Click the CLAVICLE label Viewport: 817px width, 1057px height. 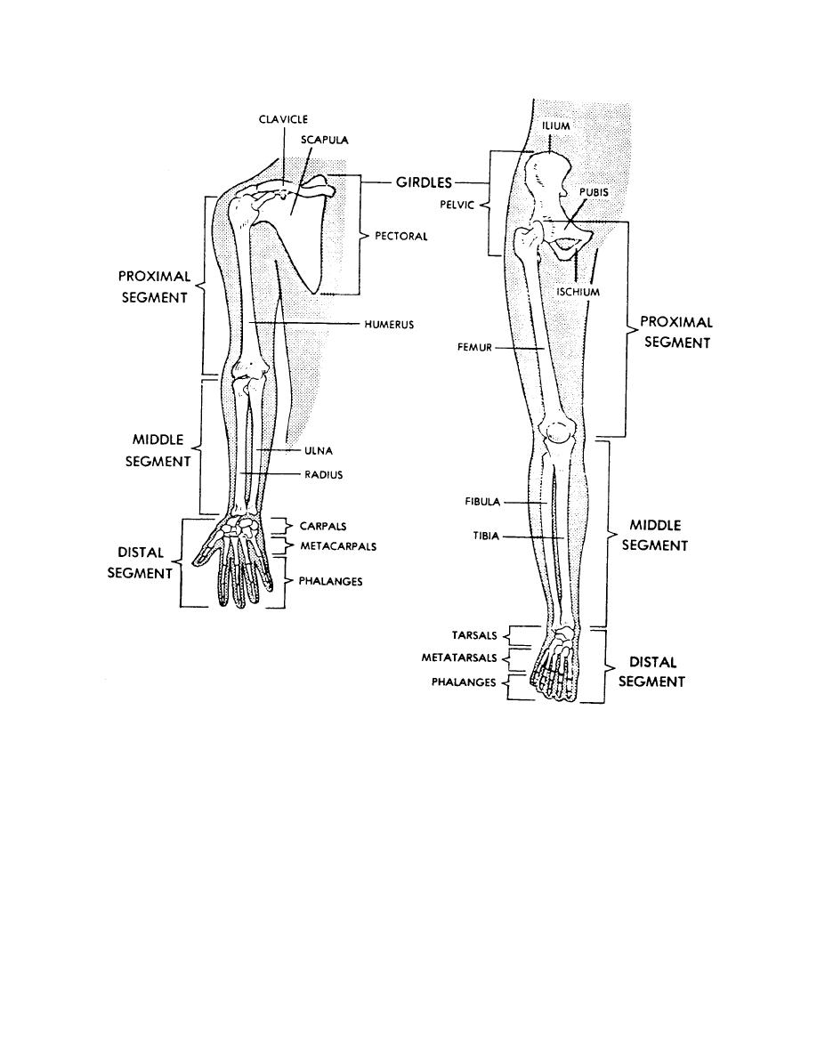click(x=283, y=119)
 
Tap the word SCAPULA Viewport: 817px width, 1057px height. click(x=324, y=141)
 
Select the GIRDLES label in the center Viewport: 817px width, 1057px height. click(x=424, y=182)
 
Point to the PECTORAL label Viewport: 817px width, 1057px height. click(x=401, y=237)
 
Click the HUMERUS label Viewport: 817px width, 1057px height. click(x=389, y=324)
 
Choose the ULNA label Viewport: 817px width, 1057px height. click(x=319, y=451)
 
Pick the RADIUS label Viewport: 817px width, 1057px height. click(x=324, y=474)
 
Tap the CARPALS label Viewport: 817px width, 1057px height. click(x=323, y=527)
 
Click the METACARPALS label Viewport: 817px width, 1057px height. click(x=338, y=546)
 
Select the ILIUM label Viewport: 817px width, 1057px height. click(x=556, y=126)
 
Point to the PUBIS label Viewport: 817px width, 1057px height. click(x=594, y=192)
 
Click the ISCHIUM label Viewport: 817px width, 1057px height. click(x=578, y=292)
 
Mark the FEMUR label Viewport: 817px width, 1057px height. click(x=474, y=348)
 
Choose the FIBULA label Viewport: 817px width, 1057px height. click(x=482, y=502)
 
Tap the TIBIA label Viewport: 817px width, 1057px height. click(x=486, y=536)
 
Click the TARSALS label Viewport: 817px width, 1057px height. click(x=473, y=635)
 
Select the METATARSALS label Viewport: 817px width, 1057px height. click(x=459, y=658)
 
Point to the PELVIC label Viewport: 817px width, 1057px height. click(x=457, y=205)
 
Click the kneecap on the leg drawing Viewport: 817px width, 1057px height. click(x=558, y=431)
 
